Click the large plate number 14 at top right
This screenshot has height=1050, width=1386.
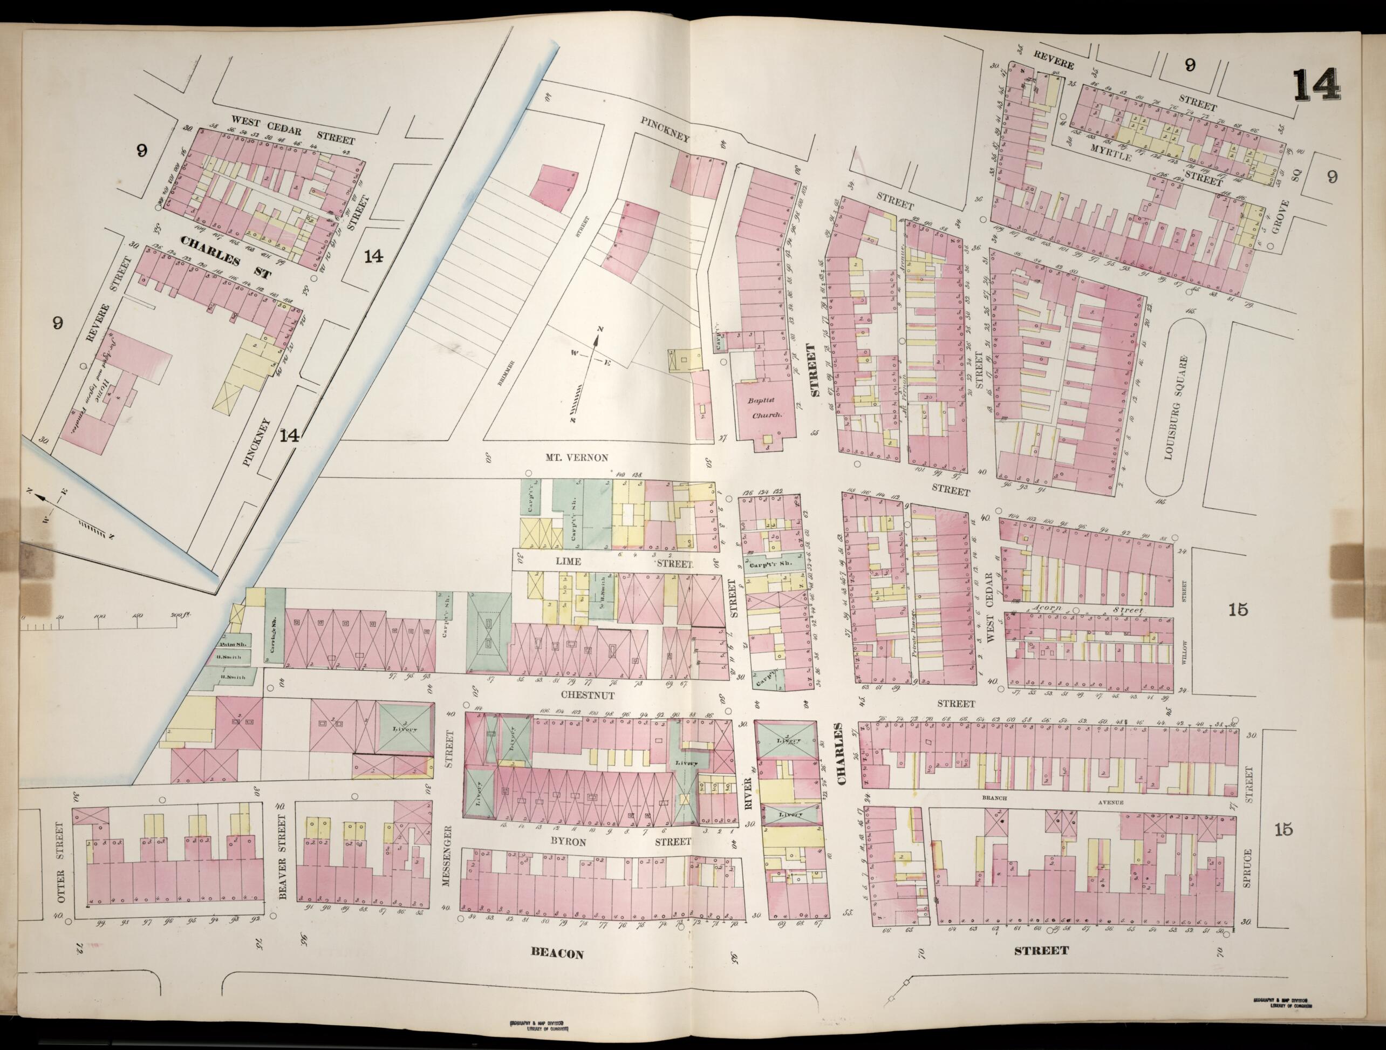1316,85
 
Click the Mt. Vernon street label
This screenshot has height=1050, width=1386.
576,458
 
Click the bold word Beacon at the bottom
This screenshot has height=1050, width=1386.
557,953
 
